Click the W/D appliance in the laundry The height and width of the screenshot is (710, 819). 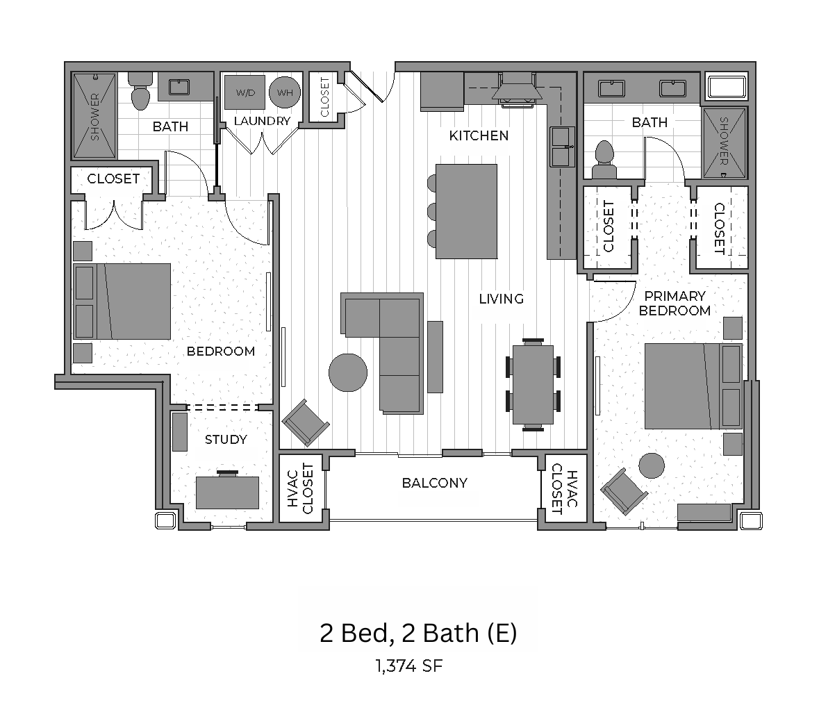(x=245, y=92)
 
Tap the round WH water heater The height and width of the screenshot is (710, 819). (x=285, y=92)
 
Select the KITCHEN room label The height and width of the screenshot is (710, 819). (x=479, y=136)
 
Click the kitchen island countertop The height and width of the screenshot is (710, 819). (x=466, y=211)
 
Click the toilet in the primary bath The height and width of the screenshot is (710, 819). (x=604, y=159)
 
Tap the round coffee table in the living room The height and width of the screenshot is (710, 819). (x=348, y=372)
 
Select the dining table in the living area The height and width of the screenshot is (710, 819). (x=533, y=384)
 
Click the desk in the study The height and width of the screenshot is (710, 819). (x=227, y=492)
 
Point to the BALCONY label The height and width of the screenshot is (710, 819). (x=435, y=483)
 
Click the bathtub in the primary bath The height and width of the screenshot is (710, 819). (x=727, y=88)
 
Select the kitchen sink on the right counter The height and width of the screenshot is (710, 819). (x=562, y=147)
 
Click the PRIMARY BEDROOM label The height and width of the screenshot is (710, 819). (x=675, y=304)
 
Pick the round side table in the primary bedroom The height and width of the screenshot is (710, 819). (x=652, y=465)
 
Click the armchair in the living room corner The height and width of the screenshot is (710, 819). (x=306, y=422)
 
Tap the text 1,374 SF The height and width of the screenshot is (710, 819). (x=409, y=666)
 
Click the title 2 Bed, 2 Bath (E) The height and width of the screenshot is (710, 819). (x=418, y=633)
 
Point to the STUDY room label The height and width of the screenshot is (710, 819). (x=226, y=440)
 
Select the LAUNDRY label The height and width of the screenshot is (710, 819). (x=262, y=121)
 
